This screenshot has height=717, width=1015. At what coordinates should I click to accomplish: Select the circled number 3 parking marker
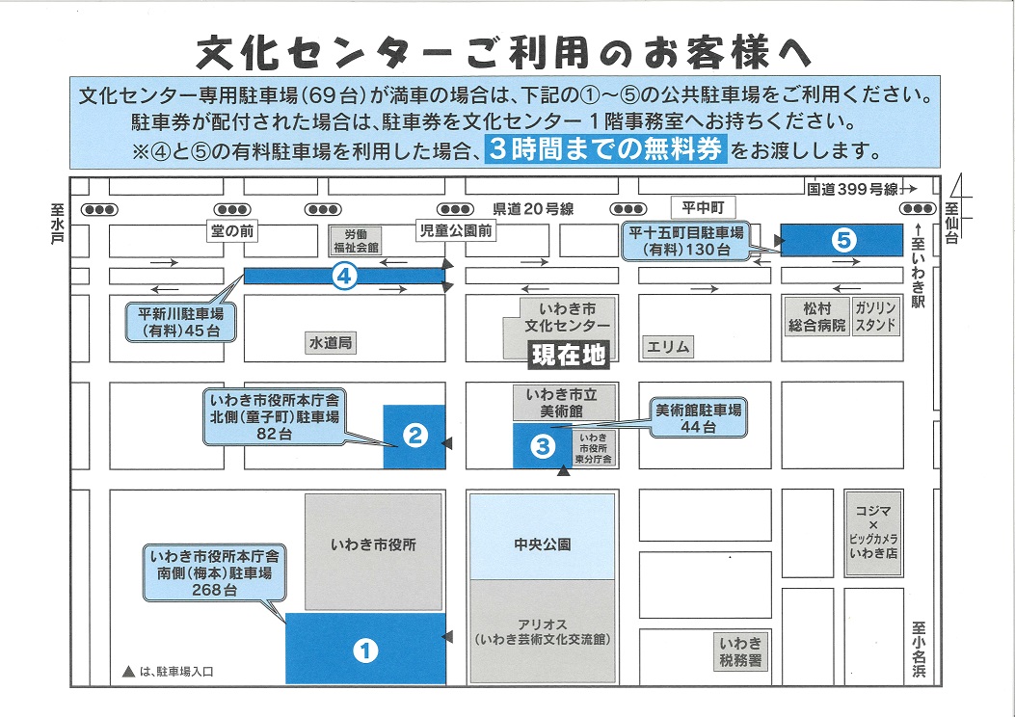542,445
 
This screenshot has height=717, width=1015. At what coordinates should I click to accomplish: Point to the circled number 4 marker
345,277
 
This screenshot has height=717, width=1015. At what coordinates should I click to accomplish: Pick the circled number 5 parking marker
844,240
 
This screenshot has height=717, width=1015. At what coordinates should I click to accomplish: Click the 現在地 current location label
570,355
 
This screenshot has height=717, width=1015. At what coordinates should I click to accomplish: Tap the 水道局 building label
331,342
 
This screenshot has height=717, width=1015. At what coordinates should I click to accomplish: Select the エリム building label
668,346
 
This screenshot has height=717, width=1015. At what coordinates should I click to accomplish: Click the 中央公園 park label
542,544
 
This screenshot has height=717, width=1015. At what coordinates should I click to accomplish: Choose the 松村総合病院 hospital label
815,316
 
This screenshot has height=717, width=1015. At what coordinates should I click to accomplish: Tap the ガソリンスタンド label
875,316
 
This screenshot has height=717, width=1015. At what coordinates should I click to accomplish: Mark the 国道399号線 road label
852,189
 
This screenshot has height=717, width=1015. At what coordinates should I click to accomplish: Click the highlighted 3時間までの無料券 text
605,150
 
